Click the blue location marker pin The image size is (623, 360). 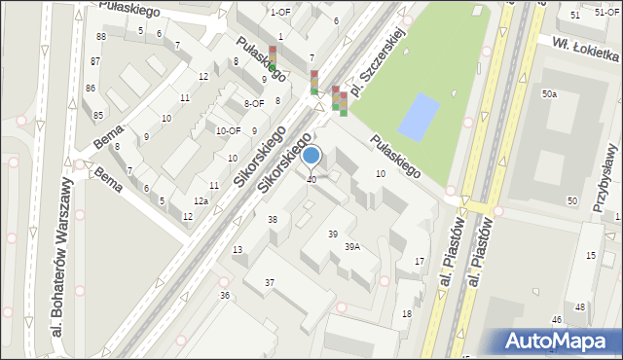pyautogui.click(x=311, y=156)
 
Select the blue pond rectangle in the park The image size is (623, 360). pyautogui.click(x=420, y=117)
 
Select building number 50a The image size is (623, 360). pyautogui.click(x=549, y=94)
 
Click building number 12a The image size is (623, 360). pyautogui.click(x=201, y=200)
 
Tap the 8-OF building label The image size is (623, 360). pyautogui.click(x=254, y=103)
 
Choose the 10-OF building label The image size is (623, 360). pyautogui.click(x=229, y=130)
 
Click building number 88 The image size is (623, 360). pyautogui.click(x=100, y=36)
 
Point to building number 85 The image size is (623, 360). pyautogui.click(x=98, y=116)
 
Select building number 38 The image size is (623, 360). pyautogui.click(x=273, y=220)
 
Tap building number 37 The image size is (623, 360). pyautogui.click(x=270, y=283)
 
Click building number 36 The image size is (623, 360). pyautogui.click(x=225, y=295)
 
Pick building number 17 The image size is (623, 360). pyautogui.click(x=420, y=262)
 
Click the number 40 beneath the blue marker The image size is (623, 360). pyautogui.click(x=311, y=180)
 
